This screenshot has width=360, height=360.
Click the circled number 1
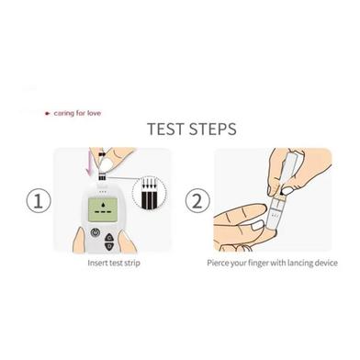[39, 201]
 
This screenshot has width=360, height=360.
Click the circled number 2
[197, 201]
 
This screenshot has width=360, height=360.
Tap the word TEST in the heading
[165, 129]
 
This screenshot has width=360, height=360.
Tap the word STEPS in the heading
[212, 129]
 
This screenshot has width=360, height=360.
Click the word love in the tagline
[94, 113]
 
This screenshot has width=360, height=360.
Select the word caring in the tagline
[64, 114]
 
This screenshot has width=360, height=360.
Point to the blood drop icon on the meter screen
[103, 204]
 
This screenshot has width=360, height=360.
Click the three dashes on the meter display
[103, 212]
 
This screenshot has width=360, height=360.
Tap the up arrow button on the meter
[108, 237]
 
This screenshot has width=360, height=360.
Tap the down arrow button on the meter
[108, 246]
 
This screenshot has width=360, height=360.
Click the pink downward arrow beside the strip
[89, 163]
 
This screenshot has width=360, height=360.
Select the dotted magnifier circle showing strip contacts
[149, 193]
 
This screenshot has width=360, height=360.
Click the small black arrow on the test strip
[102, 154]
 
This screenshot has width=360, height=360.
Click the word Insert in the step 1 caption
[96, 263]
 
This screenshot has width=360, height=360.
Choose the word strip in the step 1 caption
[132, 263]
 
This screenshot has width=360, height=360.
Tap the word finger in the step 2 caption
[260, 263]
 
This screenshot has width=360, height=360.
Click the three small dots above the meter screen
[103, 192]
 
